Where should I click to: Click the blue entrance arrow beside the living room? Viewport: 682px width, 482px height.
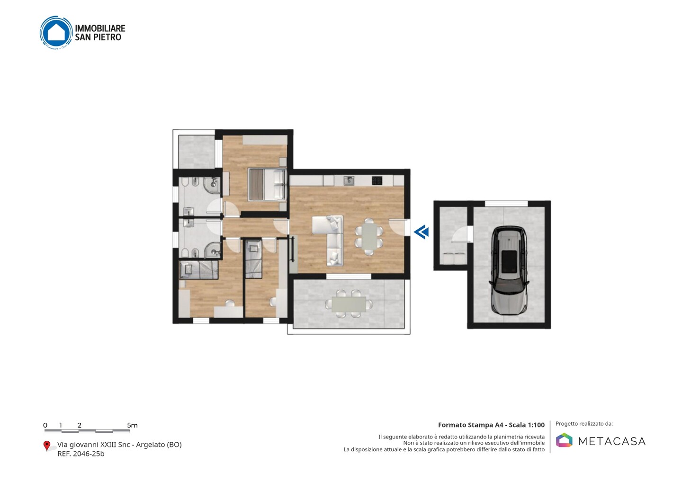tap(422, 232)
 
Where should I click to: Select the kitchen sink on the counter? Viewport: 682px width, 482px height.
tap(349, 181)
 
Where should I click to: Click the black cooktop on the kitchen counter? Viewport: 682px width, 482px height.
tap(377, 181)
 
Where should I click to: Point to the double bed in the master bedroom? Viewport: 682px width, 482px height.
tap(267, 184)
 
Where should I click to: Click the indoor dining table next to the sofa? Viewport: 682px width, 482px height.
tap(369, 236)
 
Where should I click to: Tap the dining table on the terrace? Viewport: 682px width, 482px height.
tap(349, 304)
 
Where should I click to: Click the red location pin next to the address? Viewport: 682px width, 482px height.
tap(46, 446)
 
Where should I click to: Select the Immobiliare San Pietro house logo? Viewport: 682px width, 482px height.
tap(56, 33)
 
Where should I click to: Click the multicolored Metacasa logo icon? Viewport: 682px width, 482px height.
tap(564, 440)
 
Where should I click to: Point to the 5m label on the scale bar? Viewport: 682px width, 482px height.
tap(132, 425)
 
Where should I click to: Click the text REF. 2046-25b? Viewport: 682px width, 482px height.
tap(81, 454)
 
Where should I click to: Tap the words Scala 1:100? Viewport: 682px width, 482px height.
tap(527, 425)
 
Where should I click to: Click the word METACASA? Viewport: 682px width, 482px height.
tap(612, 441)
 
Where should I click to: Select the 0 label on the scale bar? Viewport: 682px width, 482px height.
tap(45, 425)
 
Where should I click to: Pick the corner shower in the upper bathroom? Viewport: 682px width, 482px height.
tap(213, 185)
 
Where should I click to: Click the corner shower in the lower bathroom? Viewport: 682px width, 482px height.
tap(213, 250)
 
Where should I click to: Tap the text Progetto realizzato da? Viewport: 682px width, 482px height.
tap(584, 424)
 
